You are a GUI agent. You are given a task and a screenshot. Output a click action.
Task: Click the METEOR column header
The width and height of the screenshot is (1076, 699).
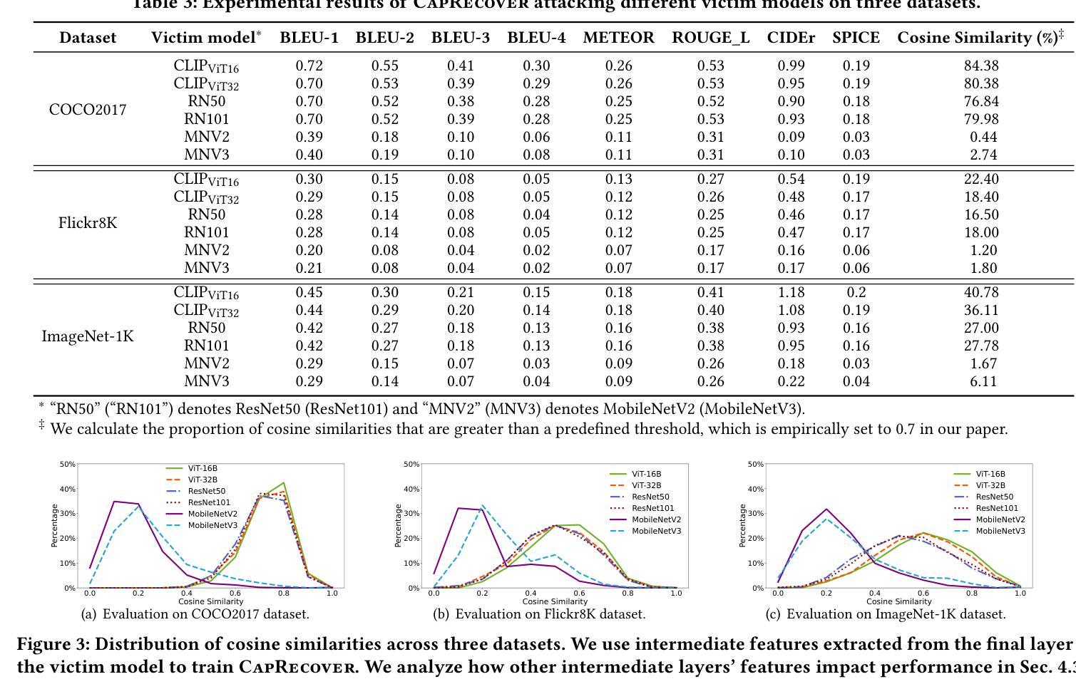click(618, 38)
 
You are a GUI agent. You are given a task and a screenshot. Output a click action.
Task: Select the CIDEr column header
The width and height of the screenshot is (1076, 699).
click(791, 38)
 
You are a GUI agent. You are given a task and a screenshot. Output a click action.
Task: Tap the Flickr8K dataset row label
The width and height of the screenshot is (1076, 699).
click(88, 223)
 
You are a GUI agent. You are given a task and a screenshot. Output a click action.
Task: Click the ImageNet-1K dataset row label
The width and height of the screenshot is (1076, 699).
click(88, 336)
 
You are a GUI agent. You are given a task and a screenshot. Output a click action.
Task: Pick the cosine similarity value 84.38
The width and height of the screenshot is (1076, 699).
click(980, 66)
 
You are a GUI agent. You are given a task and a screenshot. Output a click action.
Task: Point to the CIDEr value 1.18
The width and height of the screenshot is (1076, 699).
click(791, 292)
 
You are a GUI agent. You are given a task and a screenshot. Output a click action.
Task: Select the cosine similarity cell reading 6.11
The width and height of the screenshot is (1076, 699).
click(983, 381)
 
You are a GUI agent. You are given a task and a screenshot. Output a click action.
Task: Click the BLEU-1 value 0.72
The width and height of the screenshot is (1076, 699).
click(309, 66)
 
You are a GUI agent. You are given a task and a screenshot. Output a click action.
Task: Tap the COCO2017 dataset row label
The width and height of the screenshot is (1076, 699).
click(88, 110)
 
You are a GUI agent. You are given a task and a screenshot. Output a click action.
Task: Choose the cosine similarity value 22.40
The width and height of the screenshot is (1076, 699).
click(980, 179)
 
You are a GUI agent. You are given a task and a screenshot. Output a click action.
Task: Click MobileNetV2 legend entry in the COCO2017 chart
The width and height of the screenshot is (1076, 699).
click(212, 514)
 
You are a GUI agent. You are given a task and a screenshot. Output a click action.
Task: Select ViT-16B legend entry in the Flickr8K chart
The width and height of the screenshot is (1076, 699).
click(646, 474)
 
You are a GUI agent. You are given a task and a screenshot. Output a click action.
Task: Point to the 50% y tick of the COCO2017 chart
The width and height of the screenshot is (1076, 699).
click(68, 465)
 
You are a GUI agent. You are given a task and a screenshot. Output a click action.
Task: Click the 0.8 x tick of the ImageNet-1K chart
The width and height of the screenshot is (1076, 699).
click(971, 593)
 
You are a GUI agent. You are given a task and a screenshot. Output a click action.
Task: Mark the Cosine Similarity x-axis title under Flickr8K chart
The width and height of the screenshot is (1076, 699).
click(554, 601)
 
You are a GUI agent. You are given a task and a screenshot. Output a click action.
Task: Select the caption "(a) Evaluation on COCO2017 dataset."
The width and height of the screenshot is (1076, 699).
click(195, 613)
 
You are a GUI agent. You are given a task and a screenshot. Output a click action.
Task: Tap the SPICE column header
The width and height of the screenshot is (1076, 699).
click(856, 38)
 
